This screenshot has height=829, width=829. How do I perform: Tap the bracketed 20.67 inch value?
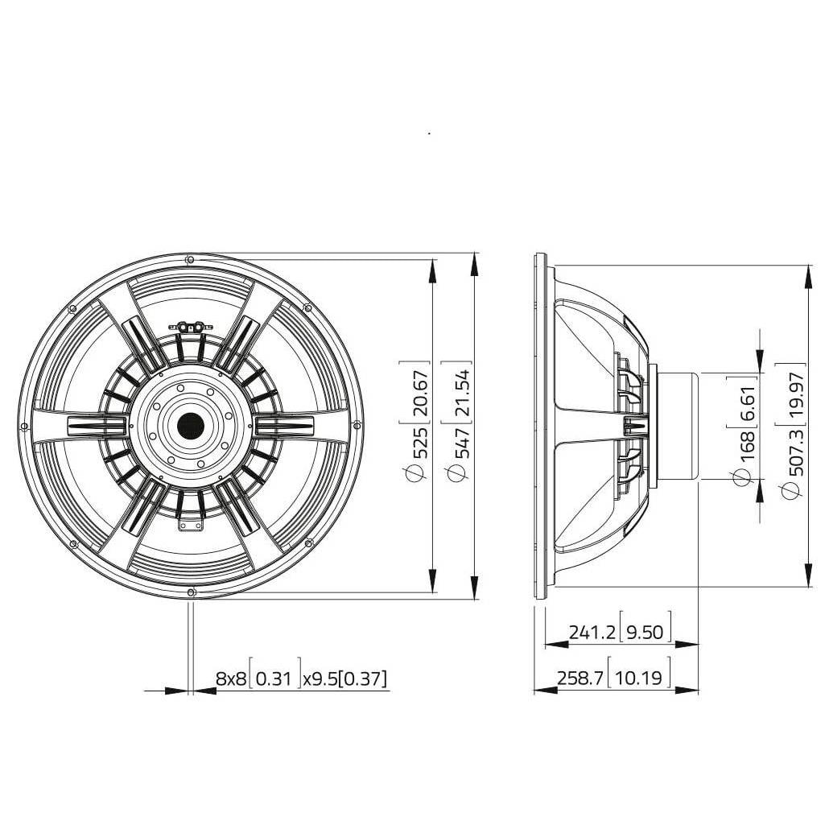pyautogui.click(x=420, y=391)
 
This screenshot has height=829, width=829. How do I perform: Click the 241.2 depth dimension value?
pyautogui.click(x=592, y=631)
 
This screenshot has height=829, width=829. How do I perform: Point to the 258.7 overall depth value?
pyautogui.click(x=580, y=677)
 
